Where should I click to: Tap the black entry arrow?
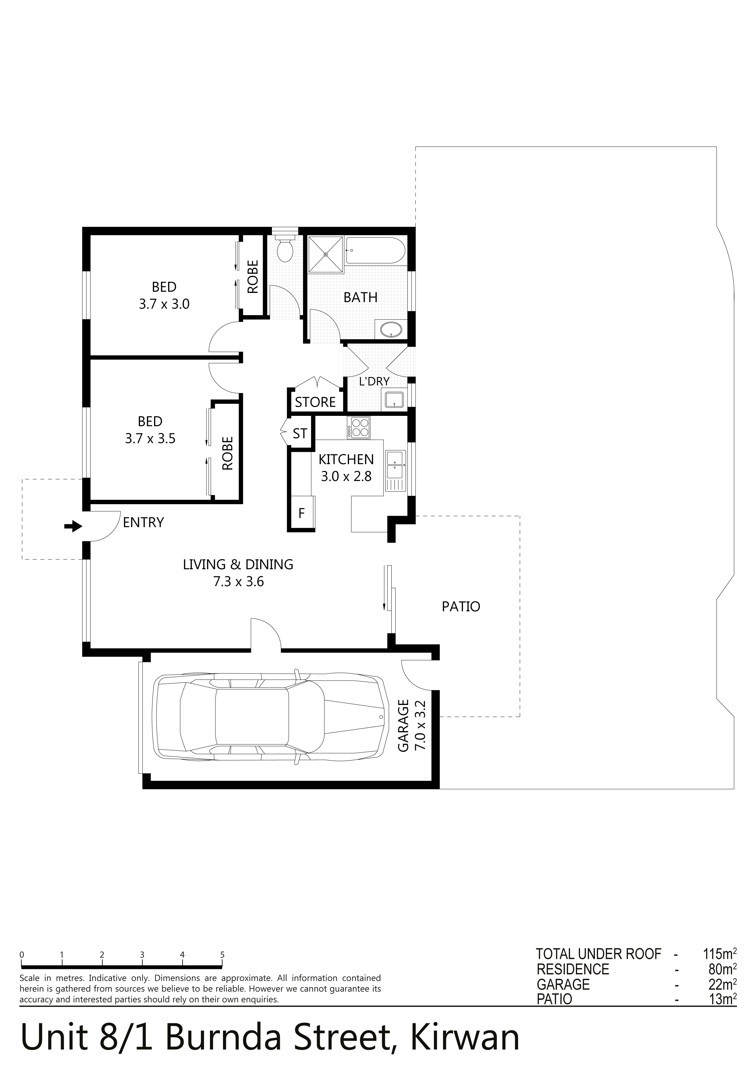click(x=73, y=527)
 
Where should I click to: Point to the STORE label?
click(x=315, y=402)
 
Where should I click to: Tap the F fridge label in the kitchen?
click(x=301, y=514)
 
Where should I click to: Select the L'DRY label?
click(x=374, y=381)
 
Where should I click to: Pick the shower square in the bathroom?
click(x=326, y=254)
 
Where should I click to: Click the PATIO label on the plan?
click(x=461, y=606)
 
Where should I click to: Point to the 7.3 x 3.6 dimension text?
click(x=239, y=582)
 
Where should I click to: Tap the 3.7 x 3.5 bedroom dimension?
click(x=150, y=438)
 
